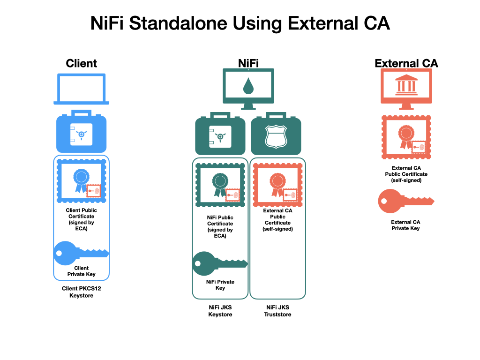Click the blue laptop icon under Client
click(82, 89)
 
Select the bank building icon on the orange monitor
click(406, 84)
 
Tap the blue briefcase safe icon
click(81, 134)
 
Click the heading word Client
click(82, 63)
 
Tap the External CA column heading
click(406, 63)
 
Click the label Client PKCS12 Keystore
click(82, 292)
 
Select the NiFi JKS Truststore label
click(277, 311)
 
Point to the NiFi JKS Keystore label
click(220, 311)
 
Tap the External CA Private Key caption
click(405, 225)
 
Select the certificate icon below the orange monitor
click(406, 137)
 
